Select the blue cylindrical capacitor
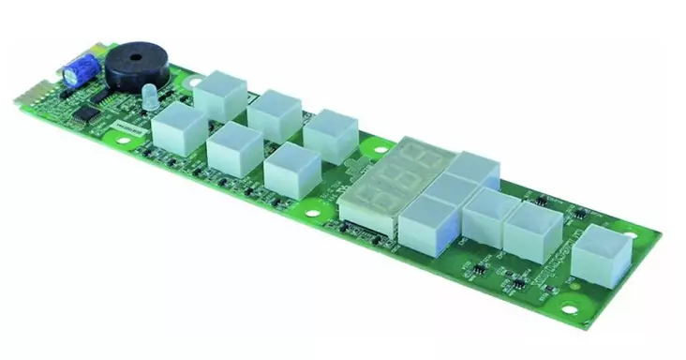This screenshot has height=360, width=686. click(75, 67)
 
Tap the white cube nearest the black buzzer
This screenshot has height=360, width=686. click(220, 94)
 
